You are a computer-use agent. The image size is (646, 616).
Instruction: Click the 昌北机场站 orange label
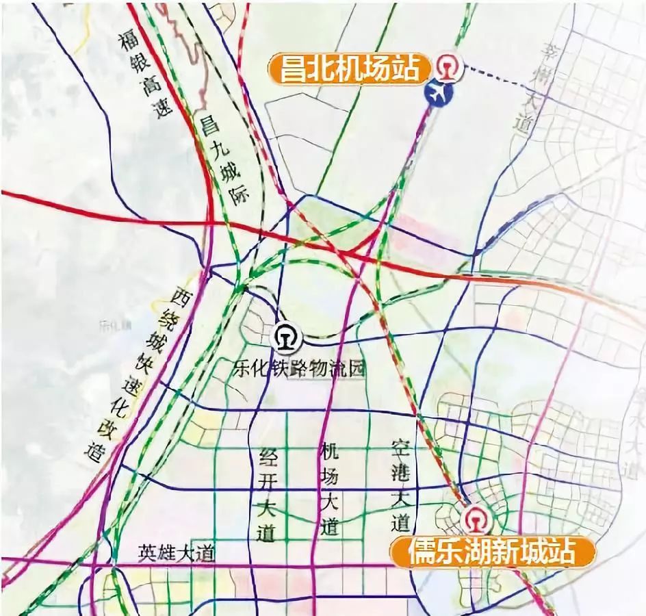(x=350, y=68)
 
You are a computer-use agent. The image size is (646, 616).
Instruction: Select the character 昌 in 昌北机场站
(x=292, y=68)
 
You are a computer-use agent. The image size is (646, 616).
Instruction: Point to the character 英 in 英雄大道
(x=146, y=552)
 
